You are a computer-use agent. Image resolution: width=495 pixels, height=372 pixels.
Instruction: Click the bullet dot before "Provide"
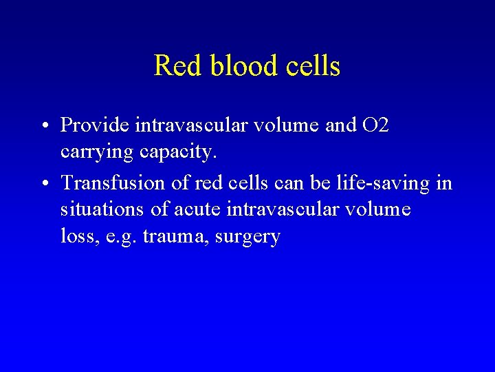pyautogui.click(x=45, y=125)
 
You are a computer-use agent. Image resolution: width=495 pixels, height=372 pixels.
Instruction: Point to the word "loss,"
pyautogui.click(x=76, y=236)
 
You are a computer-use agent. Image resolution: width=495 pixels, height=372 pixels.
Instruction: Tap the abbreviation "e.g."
pyautogui.click(x=120, y=236)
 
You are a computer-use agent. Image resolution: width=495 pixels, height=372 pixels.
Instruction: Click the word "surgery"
pyautogui.click(x=247, y=236)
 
